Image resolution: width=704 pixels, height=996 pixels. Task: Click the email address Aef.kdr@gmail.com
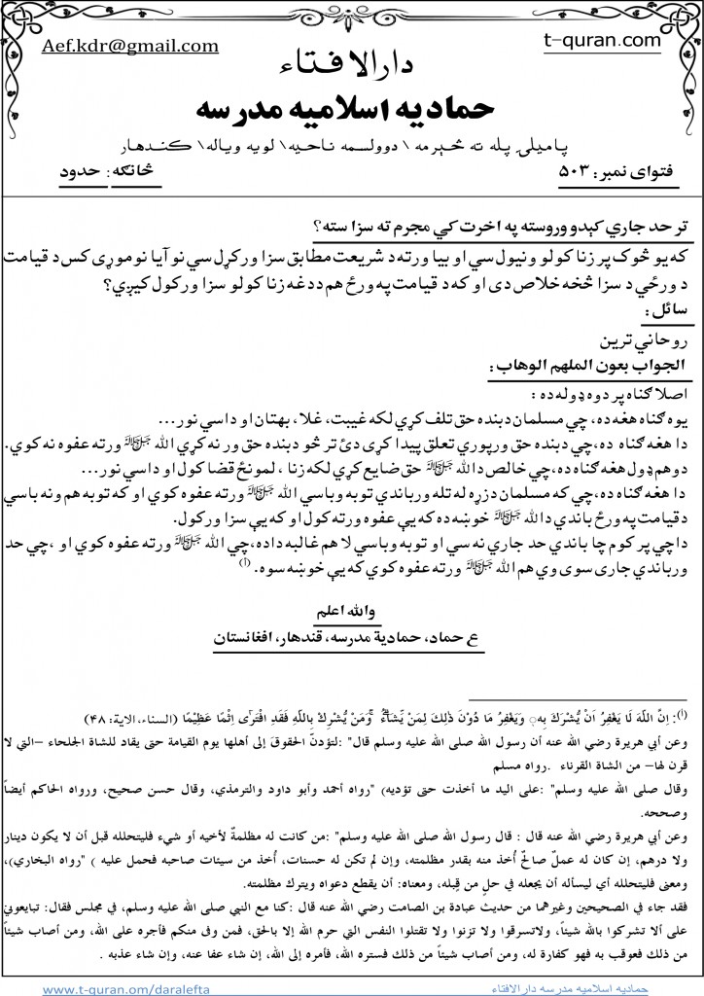coord(128,47)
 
